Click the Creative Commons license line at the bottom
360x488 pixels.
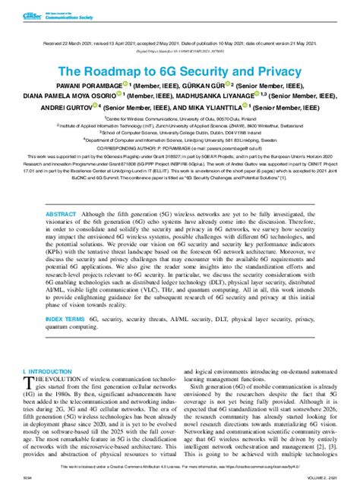pyautogui.click(x=179, y=468)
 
